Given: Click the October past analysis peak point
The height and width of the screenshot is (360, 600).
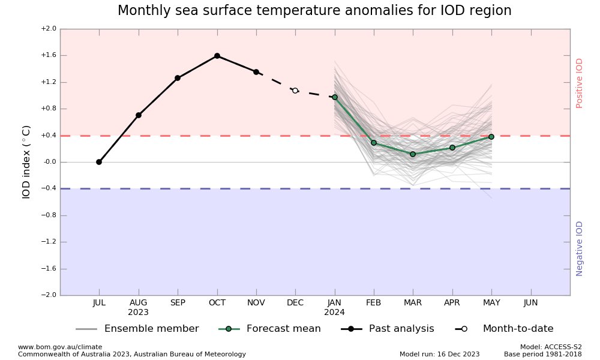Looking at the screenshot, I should coord(217,56).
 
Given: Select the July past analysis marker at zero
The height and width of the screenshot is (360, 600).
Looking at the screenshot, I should coord(99,162).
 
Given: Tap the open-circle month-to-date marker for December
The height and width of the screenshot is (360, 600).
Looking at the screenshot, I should coord(295,91).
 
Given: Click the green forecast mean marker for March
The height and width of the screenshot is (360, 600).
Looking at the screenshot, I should coord(413,154).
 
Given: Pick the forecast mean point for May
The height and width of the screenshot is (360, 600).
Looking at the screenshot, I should coord(491,137).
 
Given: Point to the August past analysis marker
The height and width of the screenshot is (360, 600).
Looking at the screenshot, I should coord(139,115).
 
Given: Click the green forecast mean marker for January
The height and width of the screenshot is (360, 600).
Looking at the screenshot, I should coord(335,97).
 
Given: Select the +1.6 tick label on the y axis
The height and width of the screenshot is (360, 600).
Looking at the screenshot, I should coord(48,55).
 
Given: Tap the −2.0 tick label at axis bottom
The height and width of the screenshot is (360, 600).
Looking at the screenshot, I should coord(48,295).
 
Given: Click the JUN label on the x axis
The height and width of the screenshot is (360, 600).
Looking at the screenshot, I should coord(530,303).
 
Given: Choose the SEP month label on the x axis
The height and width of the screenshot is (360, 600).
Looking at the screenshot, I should coord(178,303).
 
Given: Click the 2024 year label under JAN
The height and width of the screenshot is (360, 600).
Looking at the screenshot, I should coord(334,313).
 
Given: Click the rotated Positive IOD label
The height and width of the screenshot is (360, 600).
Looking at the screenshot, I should coord(580,83).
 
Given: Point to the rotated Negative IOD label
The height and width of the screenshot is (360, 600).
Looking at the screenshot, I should coord(580,248).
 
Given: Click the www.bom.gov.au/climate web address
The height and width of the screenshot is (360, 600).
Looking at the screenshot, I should coord(60,347).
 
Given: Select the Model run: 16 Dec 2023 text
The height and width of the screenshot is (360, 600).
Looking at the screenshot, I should coord(439,354).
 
